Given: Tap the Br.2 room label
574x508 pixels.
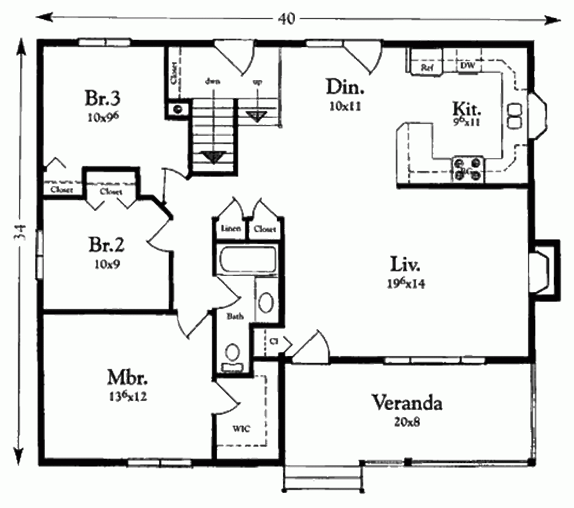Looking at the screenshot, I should pyautogui.click(x=106, y=245).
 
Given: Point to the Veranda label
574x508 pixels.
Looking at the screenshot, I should pyautogui.click(x=408, y=402).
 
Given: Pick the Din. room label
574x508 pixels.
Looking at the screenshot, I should pyautogui.click(x=345, y=87).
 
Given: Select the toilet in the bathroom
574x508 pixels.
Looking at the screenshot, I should pyautogui.click(x=232, y=357).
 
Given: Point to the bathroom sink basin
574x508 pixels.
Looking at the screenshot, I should pyautogui.click(x=266, y=303).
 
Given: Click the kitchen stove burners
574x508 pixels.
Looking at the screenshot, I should pyautogui.click(x=468, y=169).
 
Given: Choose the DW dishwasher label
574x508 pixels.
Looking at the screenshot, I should pyautogui.click(x=467, y=67).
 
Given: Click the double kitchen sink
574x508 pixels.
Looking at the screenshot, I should pyautogui.click(x=513, y=115).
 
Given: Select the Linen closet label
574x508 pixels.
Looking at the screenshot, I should pyautogui.click(x=230, y=229).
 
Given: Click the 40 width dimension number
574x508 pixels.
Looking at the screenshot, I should pyautogui.click(x=287, y=18).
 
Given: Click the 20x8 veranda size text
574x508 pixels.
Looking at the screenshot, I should pyautogui.click(x=408, y=422).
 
